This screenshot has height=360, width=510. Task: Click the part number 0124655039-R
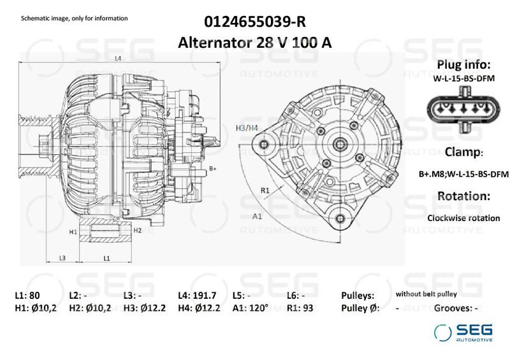coord(255,22)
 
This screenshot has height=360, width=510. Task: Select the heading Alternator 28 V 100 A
coord(255,43)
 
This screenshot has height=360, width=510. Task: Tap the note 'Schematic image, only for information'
coord(75,18)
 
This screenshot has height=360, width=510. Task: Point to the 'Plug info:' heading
coord(463,66)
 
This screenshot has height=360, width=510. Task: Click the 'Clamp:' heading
coord(463,152)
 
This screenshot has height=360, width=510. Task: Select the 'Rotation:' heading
coord(463,196)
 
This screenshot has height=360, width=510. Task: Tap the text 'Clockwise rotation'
coord(463,218)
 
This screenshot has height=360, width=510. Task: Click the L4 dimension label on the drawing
coord(119,59)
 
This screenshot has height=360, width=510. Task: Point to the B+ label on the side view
coord(214,168)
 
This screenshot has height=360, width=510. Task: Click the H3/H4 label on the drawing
coord(247,128)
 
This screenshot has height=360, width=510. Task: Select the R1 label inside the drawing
coord(265,190)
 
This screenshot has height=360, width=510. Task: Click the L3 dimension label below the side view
coord(62,258)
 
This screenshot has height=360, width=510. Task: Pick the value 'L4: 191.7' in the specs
coord(198,296)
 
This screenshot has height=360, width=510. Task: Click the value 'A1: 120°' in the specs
coord(251,308)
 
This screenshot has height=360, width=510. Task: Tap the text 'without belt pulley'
coord(426,294)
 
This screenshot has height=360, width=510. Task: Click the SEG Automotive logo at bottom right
coord(463,333)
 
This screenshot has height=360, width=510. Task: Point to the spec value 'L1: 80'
coord(27,296)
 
